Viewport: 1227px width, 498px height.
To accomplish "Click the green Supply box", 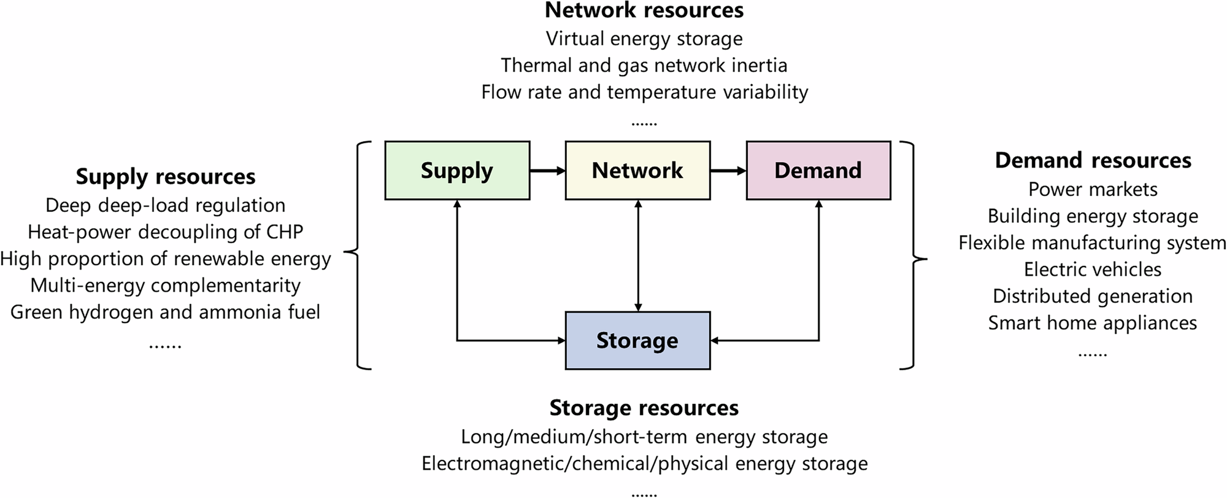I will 457,171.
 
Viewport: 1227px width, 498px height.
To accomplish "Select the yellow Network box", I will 637,171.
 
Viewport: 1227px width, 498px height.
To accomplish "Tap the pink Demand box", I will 818,171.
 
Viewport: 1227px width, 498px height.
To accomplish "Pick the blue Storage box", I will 637,340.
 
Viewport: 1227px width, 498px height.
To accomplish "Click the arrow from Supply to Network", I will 547,171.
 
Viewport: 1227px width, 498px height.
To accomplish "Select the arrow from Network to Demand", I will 728,171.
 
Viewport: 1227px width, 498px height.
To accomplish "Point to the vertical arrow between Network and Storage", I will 638,255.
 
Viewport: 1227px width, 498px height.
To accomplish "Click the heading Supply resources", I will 166,177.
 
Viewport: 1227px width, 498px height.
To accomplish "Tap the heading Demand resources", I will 1093,160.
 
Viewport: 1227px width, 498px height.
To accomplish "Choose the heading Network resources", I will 644,10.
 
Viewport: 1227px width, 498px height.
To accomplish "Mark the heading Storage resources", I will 644,408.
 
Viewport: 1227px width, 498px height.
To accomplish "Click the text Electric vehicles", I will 1093,270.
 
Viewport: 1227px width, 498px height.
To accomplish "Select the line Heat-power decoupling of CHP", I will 166,232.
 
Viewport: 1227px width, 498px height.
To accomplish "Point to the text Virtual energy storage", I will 644,39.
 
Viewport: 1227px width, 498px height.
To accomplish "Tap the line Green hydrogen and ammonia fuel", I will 166,312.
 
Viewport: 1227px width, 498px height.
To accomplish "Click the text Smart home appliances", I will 1093,323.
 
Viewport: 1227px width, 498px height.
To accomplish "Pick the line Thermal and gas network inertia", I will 644,65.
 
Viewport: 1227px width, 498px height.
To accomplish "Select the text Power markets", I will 1093,189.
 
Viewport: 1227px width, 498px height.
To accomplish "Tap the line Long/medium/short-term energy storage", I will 644,437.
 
